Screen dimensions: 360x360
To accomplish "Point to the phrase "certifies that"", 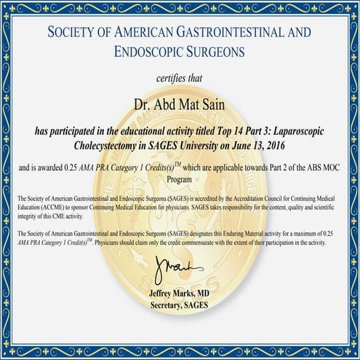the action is coord(180,79).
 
